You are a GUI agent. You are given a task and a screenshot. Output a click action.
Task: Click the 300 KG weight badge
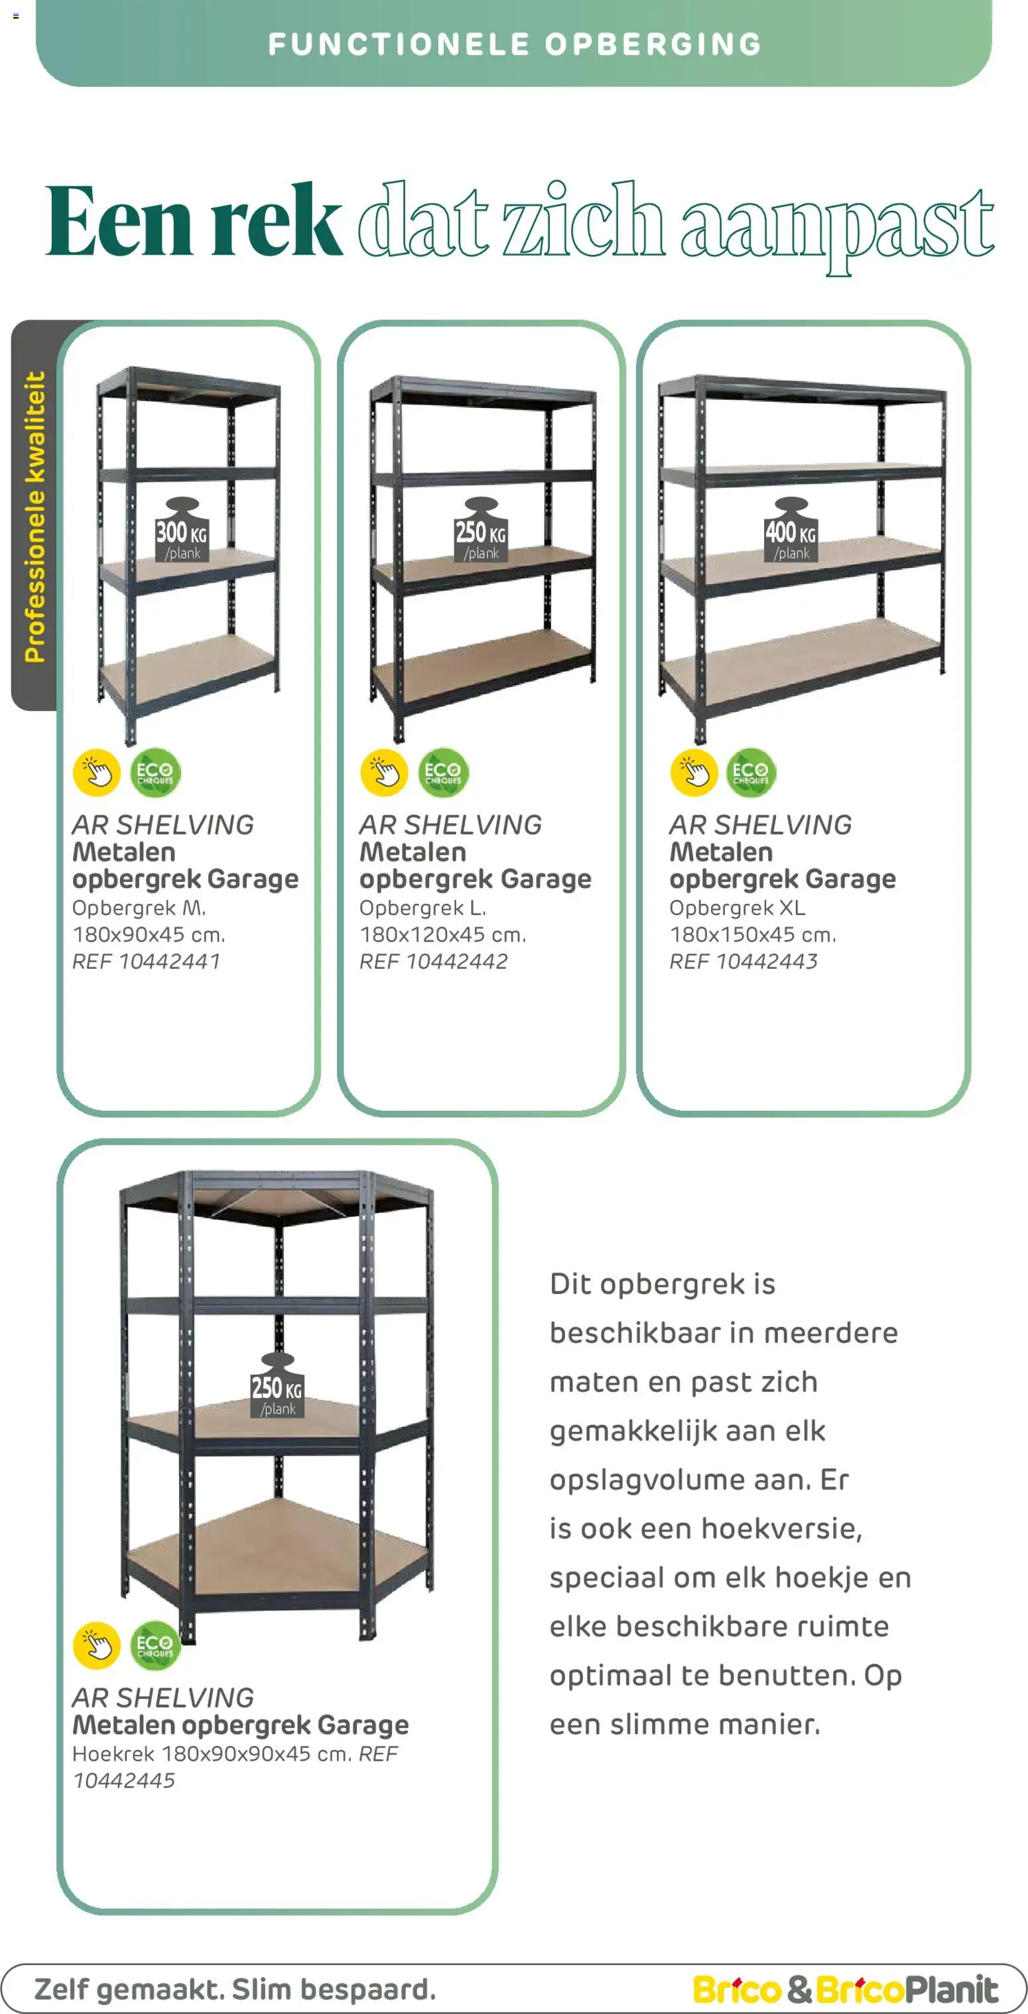181,531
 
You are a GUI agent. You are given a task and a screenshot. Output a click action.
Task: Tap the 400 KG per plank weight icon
791,531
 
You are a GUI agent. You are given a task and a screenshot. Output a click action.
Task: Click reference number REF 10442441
146,962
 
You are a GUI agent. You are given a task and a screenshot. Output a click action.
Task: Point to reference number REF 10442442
433,962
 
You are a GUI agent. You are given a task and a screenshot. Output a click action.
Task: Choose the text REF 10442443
743,962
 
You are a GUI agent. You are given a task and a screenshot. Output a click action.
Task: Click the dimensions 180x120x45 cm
442,934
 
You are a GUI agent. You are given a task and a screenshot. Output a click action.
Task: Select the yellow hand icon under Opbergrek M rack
96,773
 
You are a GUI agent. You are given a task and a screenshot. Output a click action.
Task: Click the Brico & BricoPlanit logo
845,1989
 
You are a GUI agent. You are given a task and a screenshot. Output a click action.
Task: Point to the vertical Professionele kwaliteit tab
34,516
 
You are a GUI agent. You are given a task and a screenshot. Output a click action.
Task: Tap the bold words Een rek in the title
193,221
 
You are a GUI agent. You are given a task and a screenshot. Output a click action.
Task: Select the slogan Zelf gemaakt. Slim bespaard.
235,1988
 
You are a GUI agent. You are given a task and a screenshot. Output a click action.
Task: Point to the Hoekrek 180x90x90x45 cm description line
211,1753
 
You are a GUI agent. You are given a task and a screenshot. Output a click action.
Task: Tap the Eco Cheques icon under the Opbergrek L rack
442,773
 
